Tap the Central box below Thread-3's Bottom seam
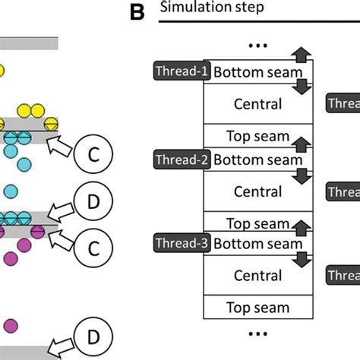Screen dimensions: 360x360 [257, 276]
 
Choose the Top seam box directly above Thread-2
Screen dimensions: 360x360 [257, 137]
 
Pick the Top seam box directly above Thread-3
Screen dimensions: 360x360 [257, 223]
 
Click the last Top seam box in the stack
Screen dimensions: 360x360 [257, 308]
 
